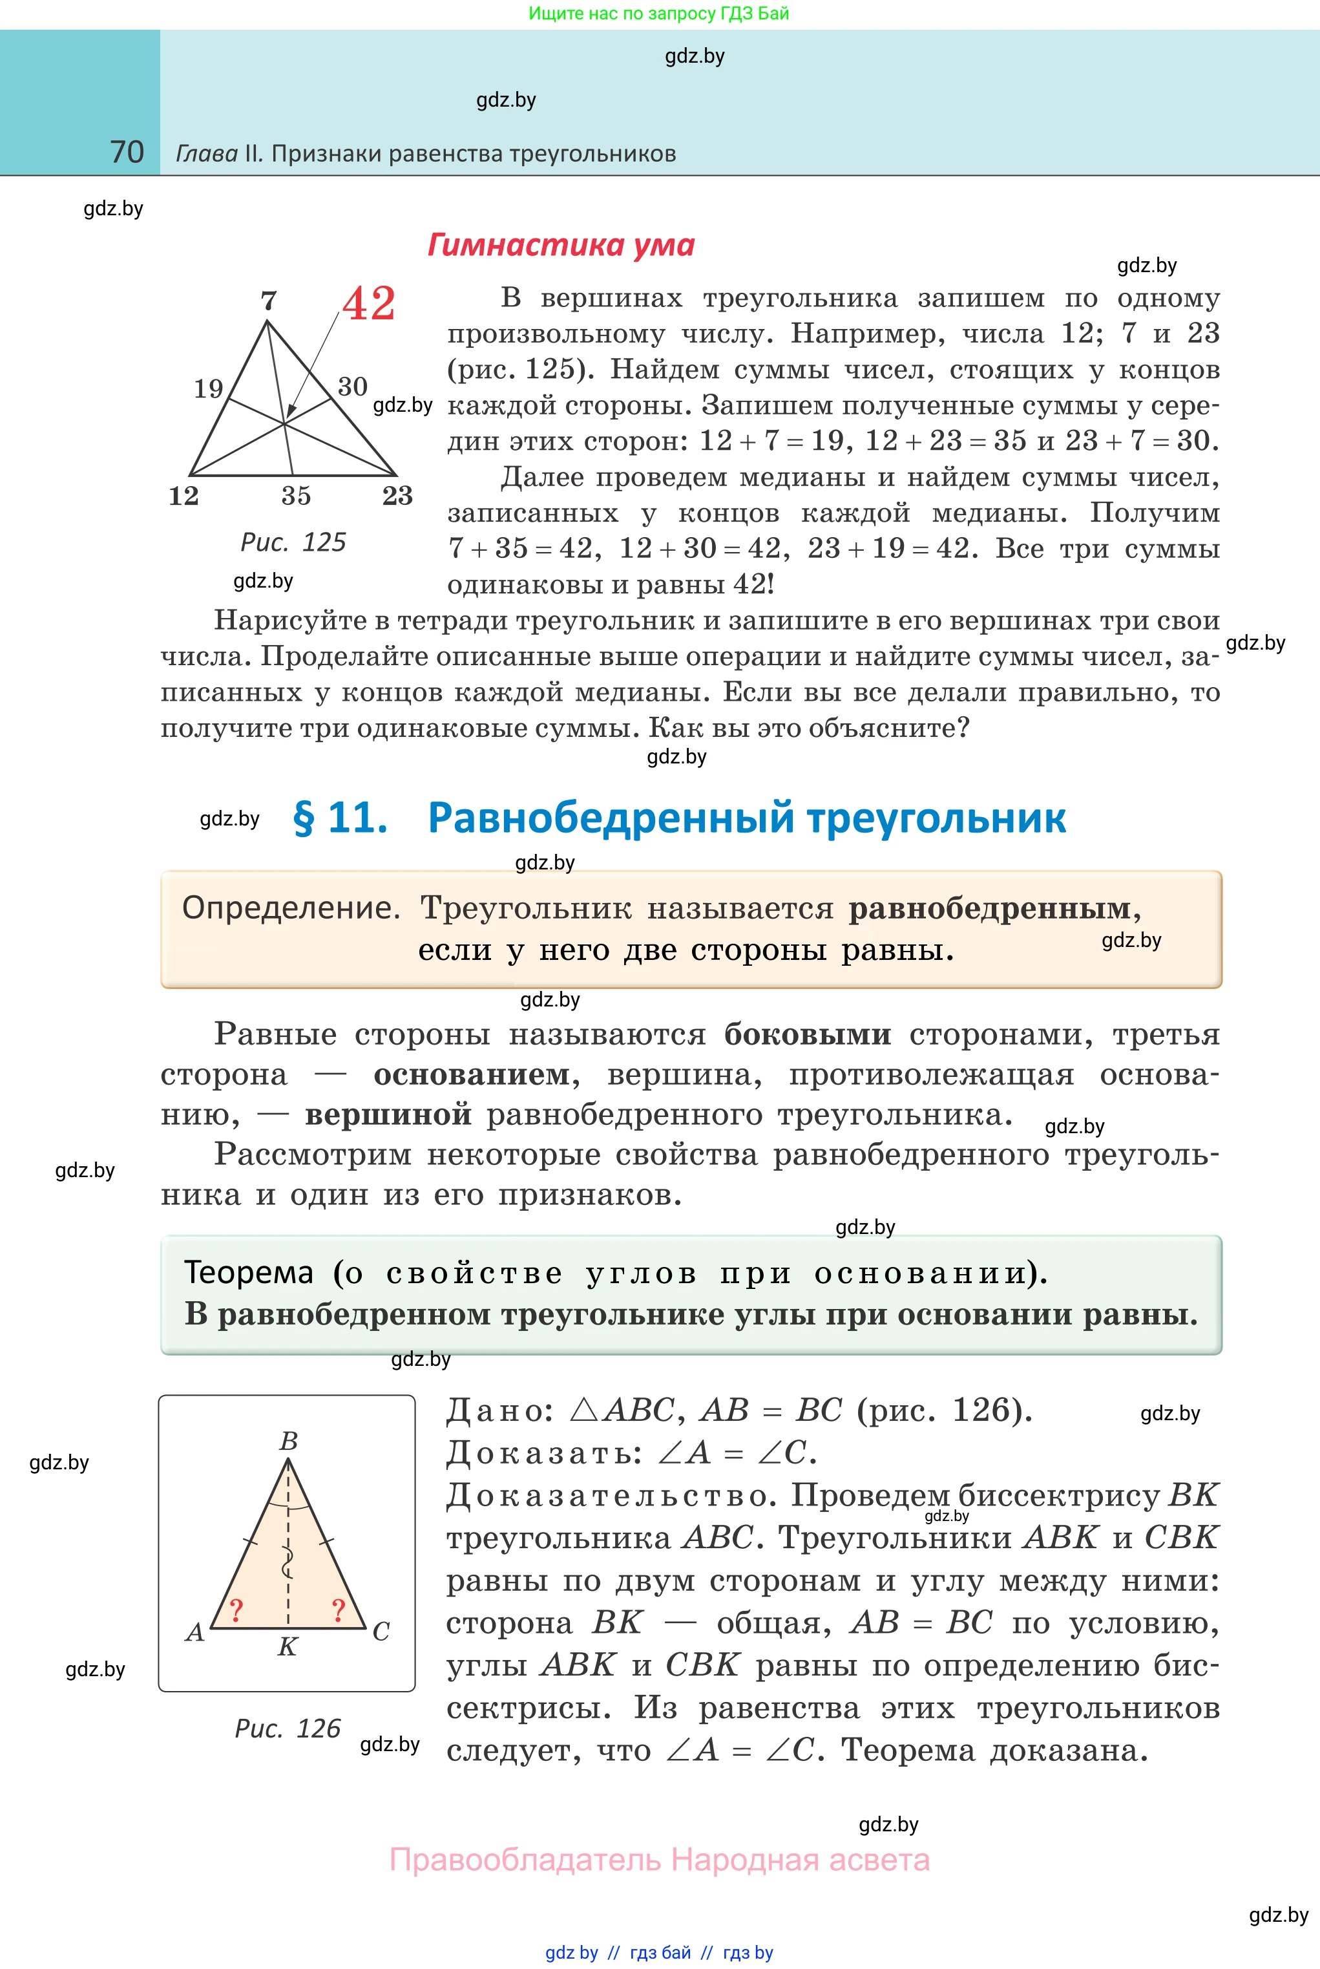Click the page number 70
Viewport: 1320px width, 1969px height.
click(127, 153)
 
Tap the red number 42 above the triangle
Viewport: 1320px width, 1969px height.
click(369, 303)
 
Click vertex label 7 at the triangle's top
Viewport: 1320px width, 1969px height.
click(269, 301)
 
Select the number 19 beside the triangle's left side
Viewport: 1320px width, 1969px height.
click(209, 388)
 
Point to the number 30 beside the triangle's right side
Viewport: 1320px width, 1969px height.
click(353, 387)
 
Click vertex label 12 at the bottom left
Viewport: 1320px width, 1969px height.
click(183, 496)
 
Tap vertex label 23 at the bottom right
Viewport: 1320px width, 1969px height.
click(397, 496)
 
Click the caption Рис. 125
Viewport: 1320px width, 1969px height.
click(293, 542)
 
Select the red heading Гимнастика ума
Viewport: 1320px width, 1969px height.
click(561, 245)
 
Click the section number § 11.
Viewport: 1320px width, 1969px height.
click(340, 818)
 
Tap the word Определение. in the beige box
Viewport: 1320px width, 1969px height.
click(291, 908)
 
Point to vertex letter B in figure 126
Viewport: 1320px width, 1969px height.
click(289, 1441)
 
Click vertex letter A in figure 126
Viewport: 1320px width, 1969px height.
click(194, 1632)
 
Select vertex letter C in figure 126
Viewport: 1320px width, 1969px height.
click(381, 1632)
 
